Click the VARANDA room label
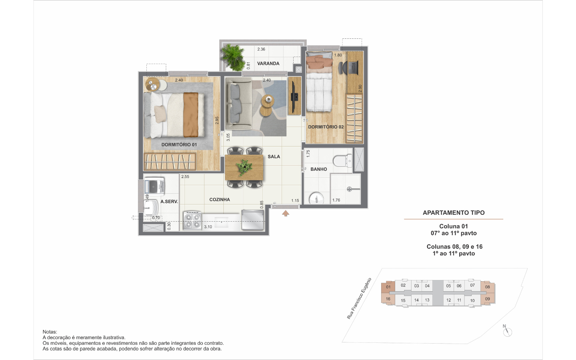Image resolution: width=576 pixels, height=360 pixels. (x=268, y=64)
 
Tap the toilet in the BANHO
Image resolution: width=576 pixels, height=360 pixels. (x=342, y=161)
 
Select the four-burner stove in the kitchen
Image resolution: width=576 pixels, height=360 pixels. (x=192, y=220)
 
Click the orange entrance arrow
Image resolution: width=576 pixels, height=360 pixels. (x=286, y=214)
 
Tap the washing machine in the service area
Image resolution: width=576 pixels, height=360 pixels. (x=154, y=185)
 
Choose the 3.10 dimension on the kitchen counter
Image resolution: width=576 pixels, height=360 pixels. (x=208, y=227)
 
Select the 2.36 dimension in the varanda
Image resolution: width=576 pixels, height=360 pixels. (x=261, y=49)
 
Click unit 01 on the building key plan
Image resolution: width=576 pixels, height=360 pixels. (x=388, y=287)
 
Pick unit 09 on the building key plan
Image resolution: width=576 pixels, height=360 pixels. (x=488, y=299)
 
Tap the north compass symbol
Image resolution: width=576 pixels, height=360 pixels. (x=507, y=332)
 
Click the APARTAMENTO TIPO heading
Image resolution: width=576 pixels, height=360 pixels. (x=454, y=213)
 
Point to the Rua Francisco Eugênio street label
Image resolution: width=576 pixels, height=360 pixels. (x=359, y=298)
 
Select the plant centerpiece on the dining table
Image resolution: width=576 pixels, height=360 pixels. (x=244, y=167)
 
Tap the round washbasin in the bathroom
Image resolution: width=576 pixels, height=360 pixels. (x=316, y=199)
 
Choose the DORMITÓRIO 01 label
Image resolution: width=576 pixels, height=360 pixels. (x=179, y=145)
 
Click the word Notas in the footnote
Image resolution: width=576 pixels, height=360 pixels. (x=50, y=332)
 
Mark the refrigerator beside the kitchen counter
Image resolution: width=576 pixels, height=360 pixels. (x=252, y=220)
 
